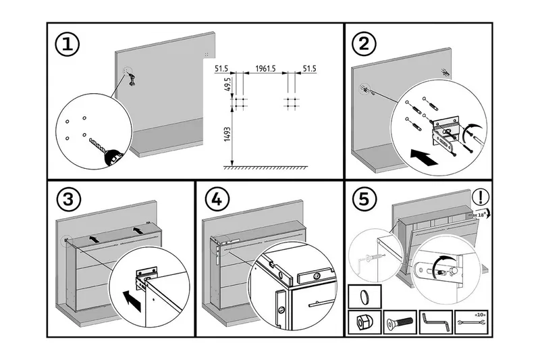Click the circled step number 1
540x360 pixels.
67,45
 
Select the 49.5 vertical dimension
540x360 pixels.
227,85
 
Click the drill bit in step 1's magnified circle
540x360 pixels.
99,145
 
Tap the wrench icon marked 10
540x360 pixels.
471,322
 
